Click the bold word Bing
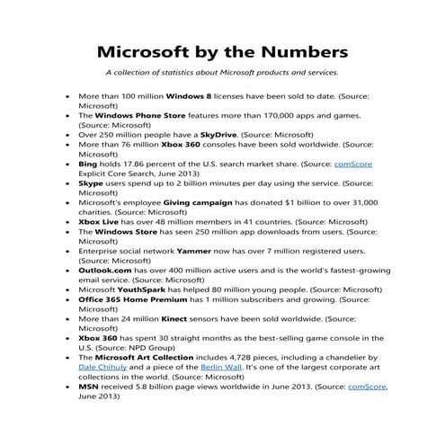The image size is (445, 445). (88, 164)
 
